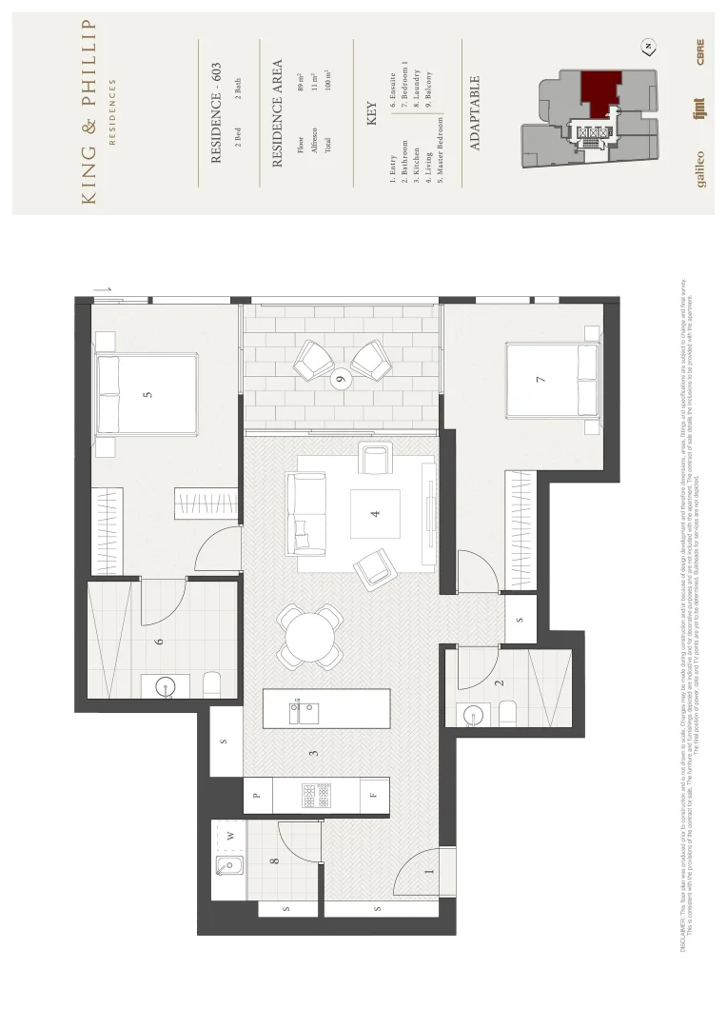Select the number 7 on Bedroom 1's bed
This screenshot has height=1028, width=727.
pyautogui.click(x=540, y=380)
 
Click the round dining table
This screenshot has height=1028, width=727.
pyautogui.click(x=310, y=637)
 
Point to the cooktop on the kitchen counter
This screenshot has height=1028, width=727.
pyautogui.click(x=317, y=795)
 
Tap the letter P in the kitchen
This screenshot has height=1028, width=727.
pyautogui.click(x=256, y=795)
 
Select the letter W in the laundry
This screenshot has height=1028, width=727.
pyautogui.click(x=229, y=836)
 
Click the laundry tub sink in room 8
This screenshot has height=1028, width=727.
pyautogui.click(x=228, y=865)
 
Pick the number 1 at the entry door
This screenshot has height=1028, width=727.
pyautogui.click(x=428, y=870)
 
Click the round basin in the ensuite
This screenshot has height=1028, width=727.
pyautogui.click(x=162, y=685)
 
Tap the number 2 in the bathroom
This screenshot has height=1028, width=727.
pyautogui.click(x=499, y=682)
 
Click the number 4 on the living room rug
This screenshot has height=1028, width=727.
pyautogui.click(x=375, y=514)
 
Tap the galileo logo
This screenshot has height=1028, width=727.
pyautogui.click(x=700, y=168)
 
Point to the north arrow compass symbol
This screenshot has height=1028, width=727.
pyautogui.click(x=648, y=47)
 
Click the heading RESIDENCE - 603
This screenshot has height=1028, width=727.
pyautogui.click(x=216, y=113)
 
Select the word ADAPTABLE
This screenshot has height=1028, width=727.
pyautogui.click(x=475, y=113)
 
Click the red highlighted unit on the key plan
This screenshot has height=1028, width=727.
pyautogui.click(x=599, y=90)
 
